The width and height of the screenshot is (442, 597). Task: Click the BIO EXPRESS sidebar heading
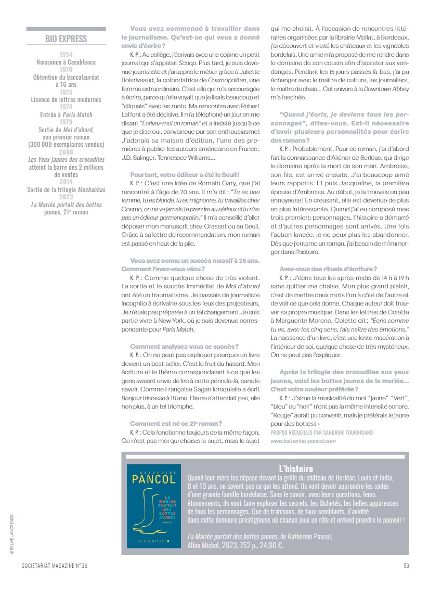(x=66, y=39)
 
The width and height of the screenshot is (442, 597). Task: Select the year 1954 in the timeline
(x=66, y=55)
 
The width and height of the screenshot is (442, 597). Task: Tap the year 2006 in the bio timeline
(x=66, y=151)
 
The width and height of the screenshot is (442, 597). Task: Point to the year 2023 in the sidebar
(x=66, y=197)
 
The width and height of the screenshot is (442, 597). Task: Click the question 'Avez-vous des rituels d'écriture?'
(x=328, y=269)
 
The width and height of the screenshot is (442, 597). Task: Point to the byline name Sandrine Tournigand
(x=343, y=433)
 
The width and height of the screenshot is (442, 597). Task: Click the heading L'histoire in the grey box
(x=296, y=468)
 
